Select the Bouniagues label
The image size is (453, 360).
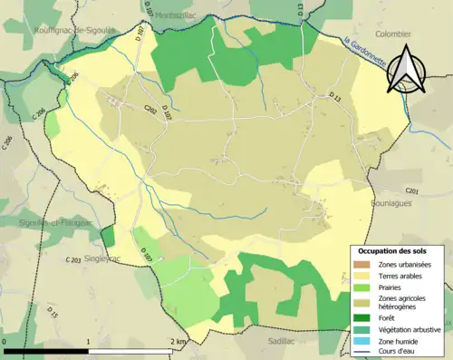tap(393, 204)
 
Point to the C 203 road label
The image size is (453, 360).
tap(74, 260)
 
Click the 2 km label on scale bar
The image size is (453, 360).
tap(178, 342)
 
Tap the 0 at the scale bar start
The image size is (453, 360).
tap(5, 342)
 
